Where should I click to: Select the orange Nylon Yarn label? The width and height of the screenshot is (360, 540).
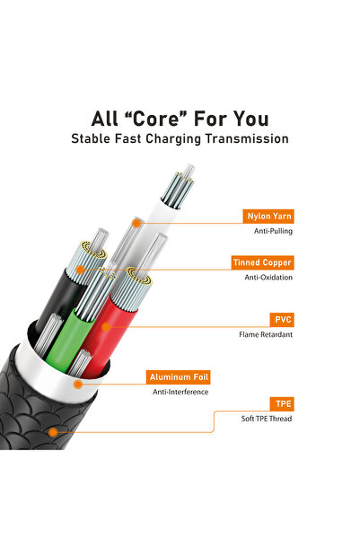point(269,217)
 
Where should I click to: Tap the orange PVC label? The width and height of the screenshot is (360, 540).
point(282,320)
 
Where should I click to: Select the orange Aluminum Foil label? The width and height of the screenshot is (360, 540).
point(180,377)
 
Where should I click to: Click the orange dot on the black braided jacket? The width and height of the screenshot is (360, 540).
point(52,432)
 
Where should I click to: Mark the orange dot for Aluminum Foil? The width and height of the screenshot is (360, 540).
point(78,384)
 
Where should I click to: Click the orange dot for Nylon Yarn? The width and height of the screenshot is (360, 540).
point(136,220)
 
